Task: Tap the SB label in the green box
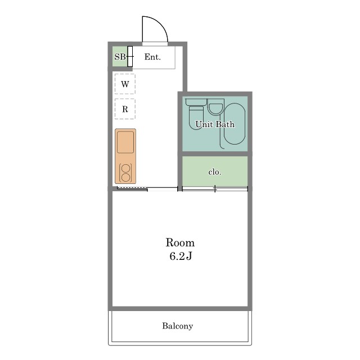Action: [x=120, y=57]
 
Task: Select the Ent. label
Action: [x=152, y=57]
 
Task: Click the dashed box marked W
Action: [x=125, y=84]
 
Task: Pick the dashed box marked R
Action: [x=125, y=109]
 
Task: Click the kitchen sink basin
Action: [x=125, y=142]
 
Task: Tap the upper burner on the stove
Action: [x=125, y=169]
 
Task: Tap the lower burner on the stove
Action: [x=125, y=178]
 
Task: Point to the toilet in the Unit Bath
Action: [x=196, y=118]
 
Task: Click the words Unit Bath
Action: [x=215, y=124]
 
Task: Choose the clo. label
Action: [x=215, y=172]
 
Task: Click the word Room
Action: [x=180, y=242]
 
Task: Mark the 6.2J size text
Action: [x=181, y=256]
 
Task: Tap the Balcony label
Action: [x=178, y=326]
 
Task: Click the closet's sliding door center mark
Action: [x=215, y=189]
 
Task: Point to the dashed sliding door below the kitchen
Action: [x=132, y=188]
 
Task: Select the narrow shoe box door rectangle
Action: [x=130, y=56]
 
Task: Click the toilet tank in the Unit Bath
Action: [x=196, y=102]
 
